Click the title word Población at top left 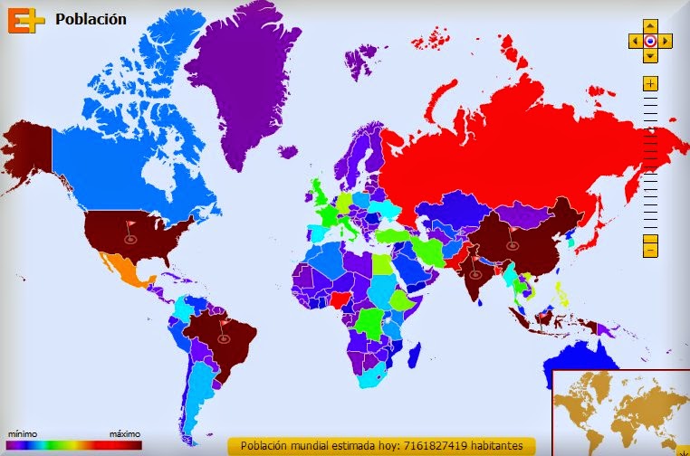pos(91,18)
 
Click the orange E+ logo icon pos(25,19)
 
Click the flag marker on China pos(513,237)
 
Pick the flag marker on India pos(475,269)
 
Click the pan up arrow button pos(650,26)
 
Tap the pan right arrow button pos(666,41)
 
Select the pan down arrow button pos(650,56)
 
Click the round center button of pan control pos(650,41)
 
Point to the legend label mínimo pos(22,434)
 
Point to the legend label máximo pos(125,434)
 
